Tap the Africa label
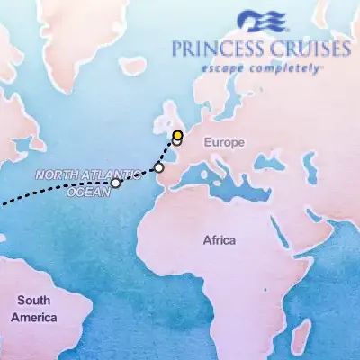219,240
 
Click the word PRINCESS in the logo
215,50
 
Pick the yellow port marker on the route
178,135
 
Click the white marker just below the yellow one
178,143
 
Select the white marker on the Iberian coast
159,167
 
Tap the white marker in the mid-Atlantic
115,184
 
